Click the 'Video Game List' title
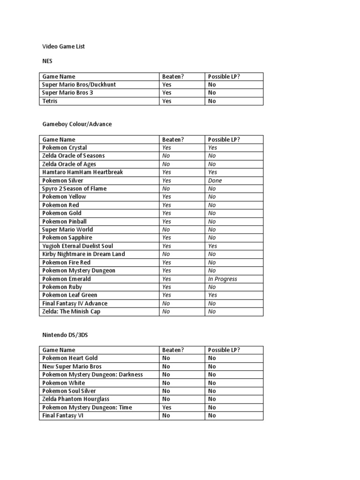(x=63, y=46)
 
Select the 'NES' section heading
(x=48, y=60)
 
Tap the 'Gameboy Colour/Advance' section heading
(x=77, y=124)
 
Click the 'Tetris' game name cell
(x=50, y=101)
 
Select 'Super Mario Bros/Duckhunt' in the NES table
(x=79, y=85)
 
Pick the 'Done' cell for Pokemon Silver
(x=215, y=180)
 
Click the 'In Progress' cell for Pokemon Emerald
(x=223, y=279)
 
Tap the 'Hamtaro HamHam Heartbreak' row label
(x=82, y=172)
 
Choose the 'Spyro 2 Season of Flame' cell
(x=75, y=188)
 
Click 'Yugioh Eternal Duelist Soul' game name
(x=77, y=246)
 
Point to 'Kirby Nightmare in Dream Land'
(x=83, y=254)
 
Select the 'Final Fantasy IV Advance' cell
(x=75, y=303)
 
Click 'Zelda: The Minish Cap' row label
(x=71, y=312)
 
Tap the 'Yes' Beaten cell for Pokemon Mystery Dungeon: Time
(x=166, y=407)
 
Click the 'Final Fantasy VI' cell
(x=63, y=416)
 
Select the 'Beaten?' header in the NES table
(x=173, y=76)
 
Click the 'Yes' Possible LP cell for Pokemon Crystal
(x=213, y=148)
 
